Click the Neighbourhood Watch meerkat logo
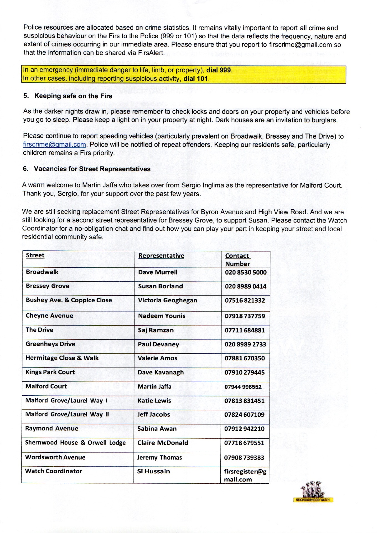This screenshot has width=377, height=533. (313, 492)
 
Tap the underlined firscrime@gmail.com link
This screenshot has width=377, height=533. (54, 145)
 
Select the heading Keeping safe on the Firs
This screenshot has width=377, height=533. (73, 96)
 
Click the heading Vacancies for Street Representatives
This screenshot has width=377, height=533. (92, 169)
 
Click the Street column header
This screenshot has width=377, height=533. (35, 255)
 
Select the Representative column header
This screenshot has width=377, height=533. (161, 256)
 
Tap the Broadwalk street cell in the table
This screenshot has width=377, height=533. (42, 272)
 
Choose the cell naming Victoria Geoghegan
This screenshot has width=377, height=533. (167, 300)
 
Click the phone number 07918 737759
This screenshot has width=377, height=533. (245, 316)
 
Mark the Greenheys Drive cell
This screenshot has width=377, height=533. (51, 344)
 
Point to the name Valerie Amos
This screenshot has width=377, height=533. (157, 358)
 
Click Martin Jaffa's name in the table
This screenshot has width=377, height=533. (154, 386)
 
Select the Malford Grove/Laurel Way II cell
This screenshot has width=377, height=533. (67, 414)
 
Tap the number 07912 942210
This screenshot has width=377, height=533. (244, 429)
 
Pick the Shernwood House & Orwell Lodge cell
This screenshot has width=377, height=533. (75, 443)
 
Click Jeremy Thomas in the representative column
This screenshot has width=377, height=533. (159, 457)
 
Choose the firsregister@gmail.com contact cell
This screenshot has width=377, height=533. (245, 475)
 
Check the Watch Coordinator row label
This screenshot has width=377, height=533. (54, 471)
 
